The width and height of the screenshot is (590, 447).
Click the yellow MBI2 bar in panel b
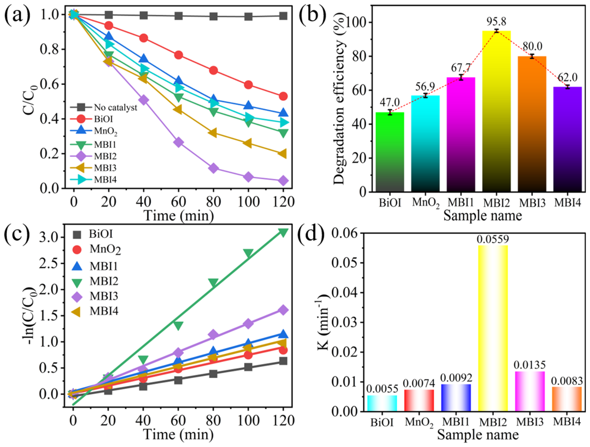click(x=496, y=112)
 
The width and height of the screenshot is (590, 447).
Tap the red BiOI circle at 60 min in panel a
click(x=178, y=55)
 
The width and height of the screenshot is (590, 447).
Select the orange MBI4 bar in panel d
click(x=567, y=399)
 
